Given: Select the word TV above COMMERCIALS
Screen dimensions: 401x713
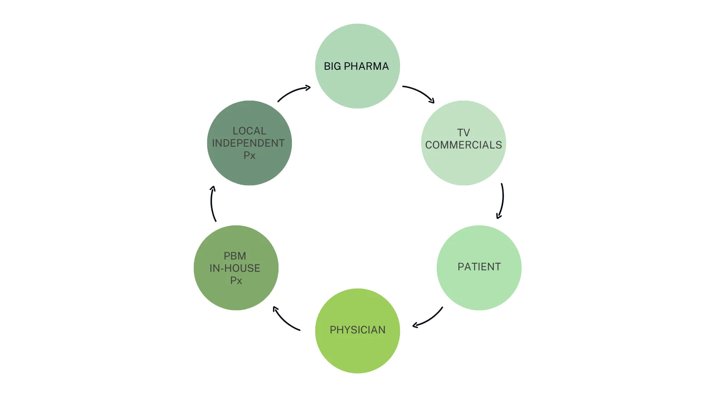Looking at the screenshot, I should point(463,133).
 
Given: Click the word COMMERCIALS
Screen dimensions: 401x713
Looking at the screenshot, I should point(463,145).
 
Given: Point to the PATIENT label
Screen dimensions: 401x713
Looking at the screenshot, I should point(479,267).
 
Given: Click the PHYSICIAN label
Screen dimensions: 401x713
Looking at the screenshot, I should point(357,330).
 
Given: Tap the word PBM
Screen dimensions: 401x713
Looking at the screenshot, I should point(235,256).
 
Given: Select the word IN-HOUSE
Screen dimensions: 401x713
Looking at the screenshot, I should point(235,268).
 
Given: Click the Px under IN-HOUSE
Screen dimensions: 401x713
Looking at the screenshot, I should point(236,280).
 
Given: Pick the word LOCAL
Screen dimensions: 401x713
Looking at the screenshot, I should point(249,131).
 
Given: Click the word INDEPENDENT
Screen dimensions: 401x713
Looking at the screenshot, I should point(248,143).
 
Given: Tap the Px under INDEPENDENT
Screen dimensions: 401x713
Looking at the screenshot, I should point(249,155).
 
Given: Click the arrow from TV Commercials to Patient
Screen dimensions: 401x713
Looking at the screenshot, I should point(502,200).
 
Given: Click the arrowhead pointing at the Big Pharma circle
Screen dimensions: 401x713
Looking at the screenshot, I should point(307,88).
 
